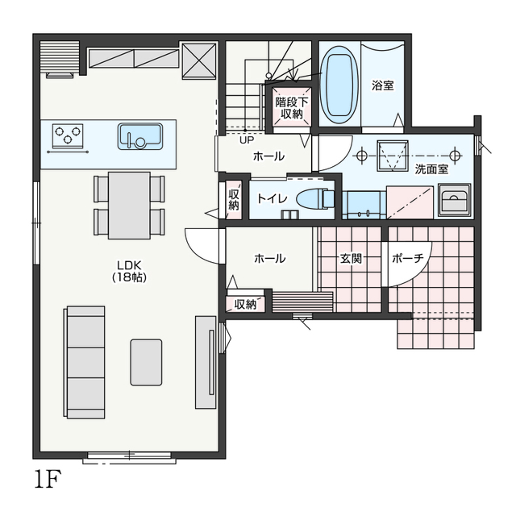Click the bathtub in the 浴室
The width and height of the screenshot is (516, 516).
(x=339, y=85)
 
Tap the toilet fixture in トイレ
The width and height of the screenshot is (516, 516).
(x=315, y=199)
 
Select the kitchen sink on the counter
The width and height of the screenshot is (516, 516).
(x=140, y=136)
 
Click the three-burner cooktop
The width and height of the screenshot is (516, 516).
(x=68, y=135)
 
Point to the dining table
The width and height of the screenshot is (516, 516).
(x=129, y=206)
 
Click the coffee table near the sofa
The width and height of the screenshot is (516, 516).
(x=146, y=362)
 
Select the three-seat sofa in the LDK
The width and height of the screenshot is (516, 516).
(x=85, y=362)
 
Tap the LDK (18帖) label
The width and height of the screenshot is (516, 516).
(x=129, y=271)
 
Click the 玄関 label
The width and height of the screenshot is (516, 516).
(x=351, y=259)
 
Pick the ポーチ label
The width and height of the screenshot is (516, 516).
(x=408, y=259)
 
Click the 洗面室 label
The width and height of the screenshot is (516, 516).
(x=431, y=169)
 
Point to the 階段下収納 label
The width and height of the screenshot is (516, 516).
(x=292, y=108)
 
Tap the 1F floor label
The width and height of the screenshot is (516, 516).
(x=48, y=480)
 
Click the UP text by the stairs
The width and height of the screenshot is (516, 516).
(x=247, y=140)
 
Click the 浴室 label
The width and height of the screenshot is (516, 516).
(x=383, y=85)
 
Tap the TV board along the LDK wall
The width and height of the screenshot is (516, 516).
(x=206, y=362)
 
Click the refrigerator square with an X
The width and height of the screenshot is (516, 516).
(x=199, y=60)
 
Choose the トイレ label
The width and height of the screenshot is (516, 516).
(x=273, y=199)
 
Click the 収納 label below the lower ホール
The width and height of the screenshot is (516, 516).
(x=245, y=305)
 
